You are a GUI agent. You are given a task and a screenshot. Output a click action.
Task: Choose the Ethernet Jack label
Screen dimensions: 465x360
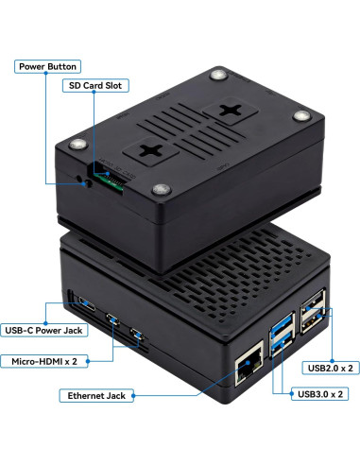point(94,395)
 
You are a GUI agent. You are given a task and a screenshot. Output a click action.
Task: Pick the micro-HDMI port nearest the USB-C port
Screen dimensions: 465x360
point(112,319)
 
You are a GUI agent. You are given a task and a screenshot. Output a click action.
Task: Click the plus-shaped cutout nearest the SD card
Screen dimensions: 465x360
point(151,149)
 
